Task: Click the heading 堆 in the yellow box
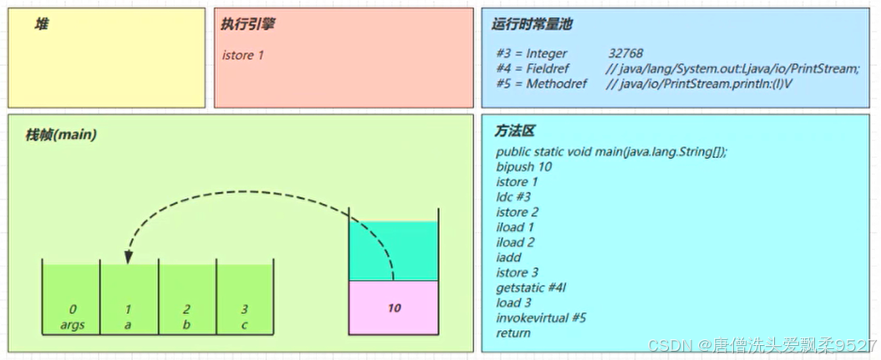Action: pyautogui.click(x=41, y=24)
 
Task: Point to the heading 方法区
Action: pyautogui.click(x=514, y=132)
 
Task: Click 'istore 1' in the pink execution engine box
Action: pyautogui.click(x=244, y=55)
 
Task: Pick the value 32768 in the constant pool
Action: pyautogui.click(x=625, y=53)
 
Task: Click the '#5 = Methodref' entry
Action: pyautogui.click(x=541, y=84)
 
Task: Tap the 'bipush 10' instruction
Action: pyautogui.click(x=524, y=166)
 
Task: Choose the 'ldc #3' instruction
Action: pyautogui.click(x=513, y=196)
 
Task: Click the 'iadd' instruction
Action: pyautogui.click(x=509, y=257)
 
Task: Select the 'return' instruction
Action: pyautogui.click(x=513, y=332)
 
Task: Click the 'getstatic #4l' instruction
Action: pyautogui.click(x=531, y=287)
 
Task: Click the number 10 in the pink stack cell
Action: pyautogui.click(x=394, y=308)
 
